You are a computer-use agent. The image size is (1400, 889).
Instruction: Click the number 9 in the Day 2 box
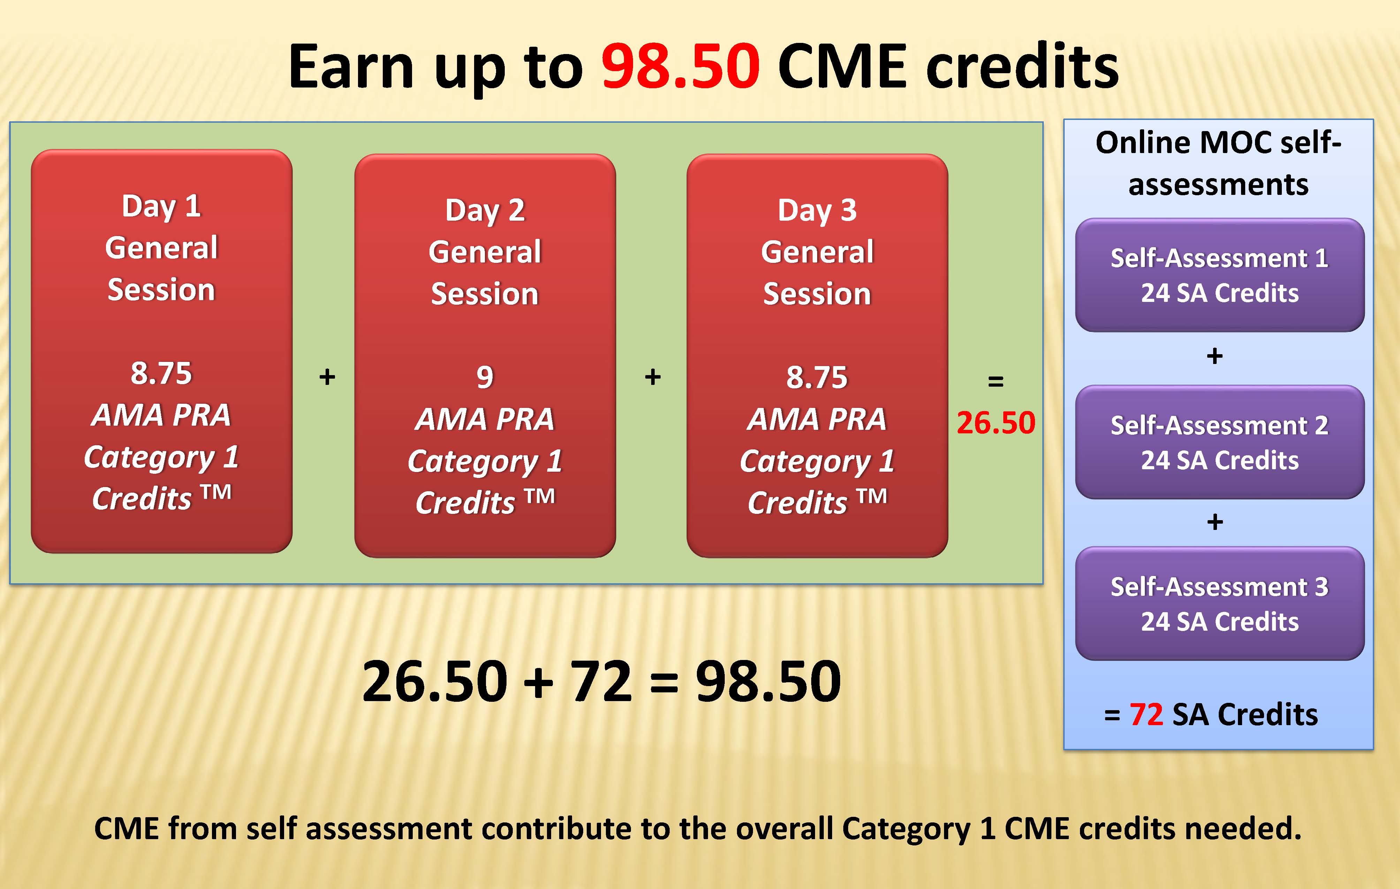(x=485, y=377)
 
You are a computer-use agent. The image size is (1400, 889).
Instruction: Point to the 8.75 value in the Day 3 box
(x=817, y=377)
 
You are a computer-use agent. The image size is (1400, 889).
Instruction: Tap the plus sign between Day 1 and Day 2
(x=327, y=377)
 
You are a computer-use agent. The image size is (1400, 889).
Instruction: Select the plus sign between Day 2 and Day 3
(x=653, y=377)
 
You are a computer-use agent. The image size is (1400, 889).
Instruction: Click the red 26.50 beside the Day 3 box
(x=996, y=422)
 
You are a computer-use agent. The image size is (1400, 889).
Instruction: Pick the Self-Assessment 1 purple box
(x=1220, y=275)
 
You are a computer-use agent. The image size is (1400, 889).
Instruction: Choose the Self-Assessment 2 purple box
(x=1220, y=442)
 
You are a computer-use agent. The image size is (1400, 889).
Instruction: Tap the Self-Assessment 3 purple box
(x=1220, y=603)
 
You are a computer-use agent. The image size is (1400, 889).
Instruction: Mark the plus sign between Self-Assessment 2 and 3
(x=1215, y=522)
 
